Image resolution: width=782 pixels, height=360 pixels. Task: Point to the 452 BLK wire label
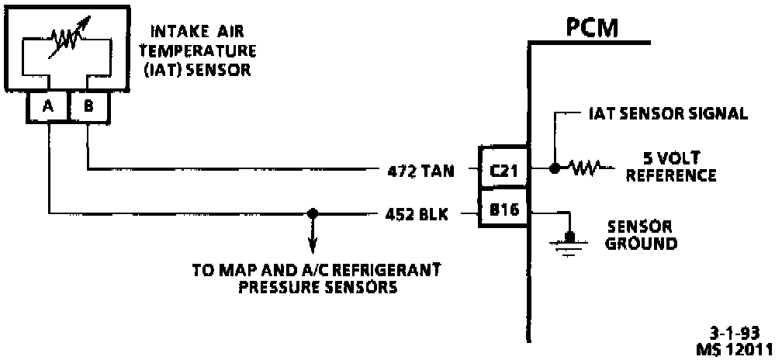pos(417,213)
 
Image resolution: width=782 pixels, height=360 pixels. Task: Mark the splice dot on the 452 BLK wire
pos(313,212)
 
